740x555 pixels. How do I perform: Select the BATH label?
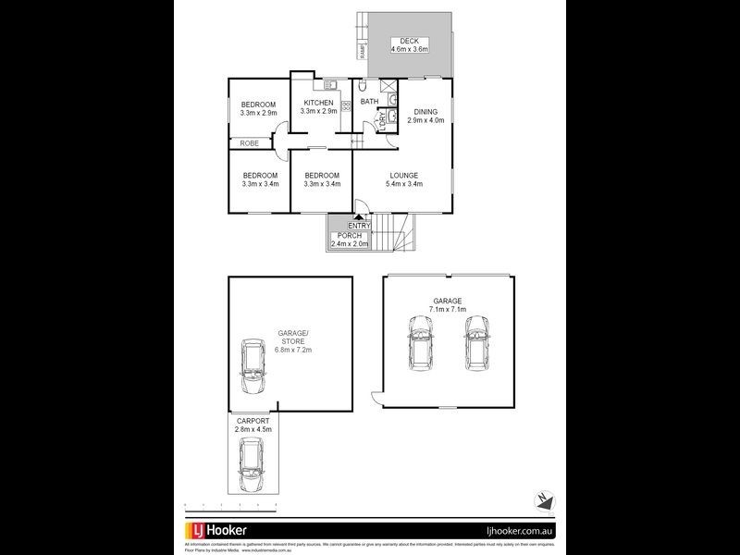[369, 102]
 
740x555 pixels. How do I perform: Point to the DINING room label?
[425, 111]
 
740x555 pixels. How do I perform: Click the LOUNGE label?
[403, 175]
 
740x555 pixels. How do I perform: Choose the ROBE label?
[249, 143]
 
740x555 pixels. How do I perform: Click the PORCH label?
[349, 236]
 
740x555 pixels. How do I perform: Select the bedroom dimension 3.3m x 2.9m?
[258, 113]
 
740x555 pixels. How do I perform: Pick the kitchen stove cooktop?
[346, 105]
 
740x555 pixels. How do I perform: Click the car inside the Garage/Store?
[253, 367]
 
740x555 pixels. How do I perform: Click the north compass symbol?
[544, 499]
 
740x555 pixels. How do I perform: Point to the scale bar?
[231, 505]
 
